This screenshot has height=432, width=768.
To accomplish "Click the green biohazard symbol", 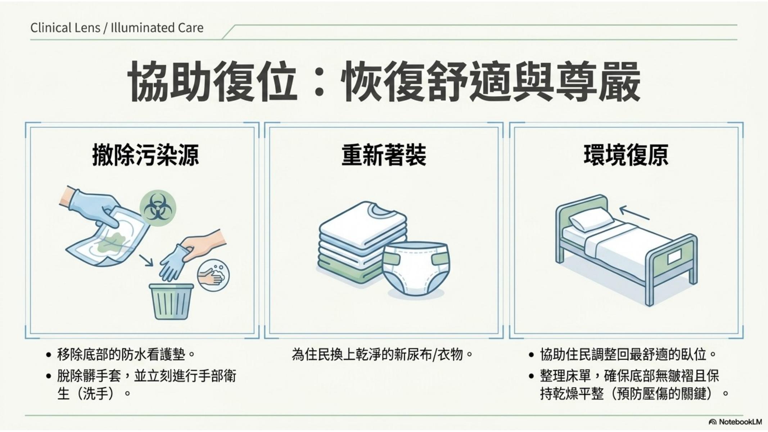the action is coord(158,208).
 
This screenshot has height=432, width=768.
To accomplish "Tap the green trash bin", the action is coord(171,301).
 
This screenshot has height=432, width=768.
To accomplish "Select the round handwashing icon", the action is coord(213,275).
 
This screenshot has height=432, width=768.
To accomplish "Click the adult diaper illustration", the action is coord(416,269).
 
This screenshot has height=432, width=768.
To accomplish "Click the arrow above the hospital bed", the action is coord(634,212).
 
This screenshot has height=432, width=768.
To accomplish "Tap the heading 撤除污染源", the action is coord(145,155).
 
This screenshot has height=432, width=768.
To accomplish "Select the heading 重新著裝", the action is coord(384,155).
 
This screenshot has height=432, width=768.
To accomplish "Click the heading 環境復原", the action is coord(626,155).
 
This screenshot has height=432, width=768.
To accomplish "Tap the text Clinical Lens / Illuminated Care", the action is coord(117,28).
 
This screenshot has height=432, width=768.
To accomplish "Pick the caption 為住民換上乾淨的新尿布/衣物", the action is coord(382,355).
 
